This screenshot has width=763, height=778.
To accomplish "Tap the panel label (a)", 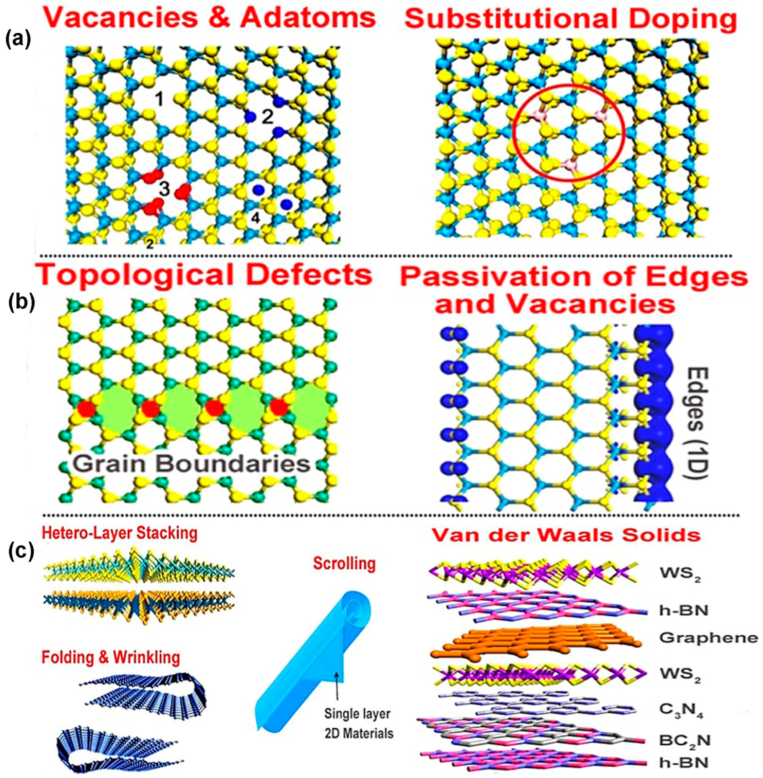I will tap(18, 40).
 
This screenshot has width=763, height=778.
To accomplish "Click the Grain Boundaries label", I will tap(191, 464).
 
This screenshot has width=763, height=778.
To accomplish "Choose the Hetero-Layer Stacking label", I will tap(119, 534).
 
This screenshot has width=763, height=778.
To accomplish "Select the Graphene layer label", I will tap(708, 638).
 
